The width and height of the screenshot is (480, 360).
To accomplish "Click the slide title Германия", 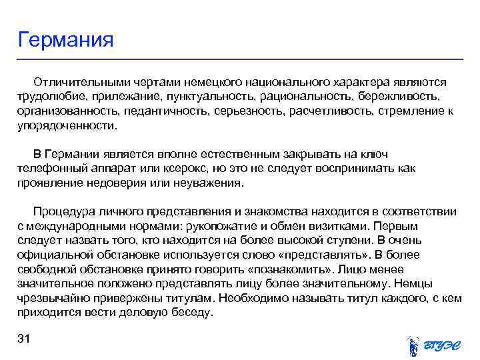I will [66, 39].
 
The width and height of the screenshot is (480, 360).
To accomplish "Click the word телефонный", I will [49, 169].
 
